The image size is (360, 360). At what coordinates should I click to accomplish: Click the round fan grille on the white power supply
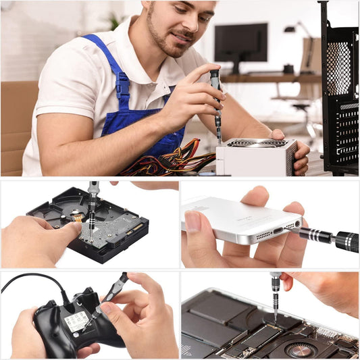click(x=257, y=143)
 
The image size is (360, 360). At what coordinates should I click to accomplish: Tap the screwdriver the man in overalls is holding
click(x=216, y=101)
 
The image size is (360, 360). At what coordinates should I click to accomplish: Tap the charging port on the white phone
click(x=278, y=230)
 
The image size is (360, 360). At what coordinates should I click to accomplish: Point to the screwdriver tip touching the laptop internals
click(x=275, y=321)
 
